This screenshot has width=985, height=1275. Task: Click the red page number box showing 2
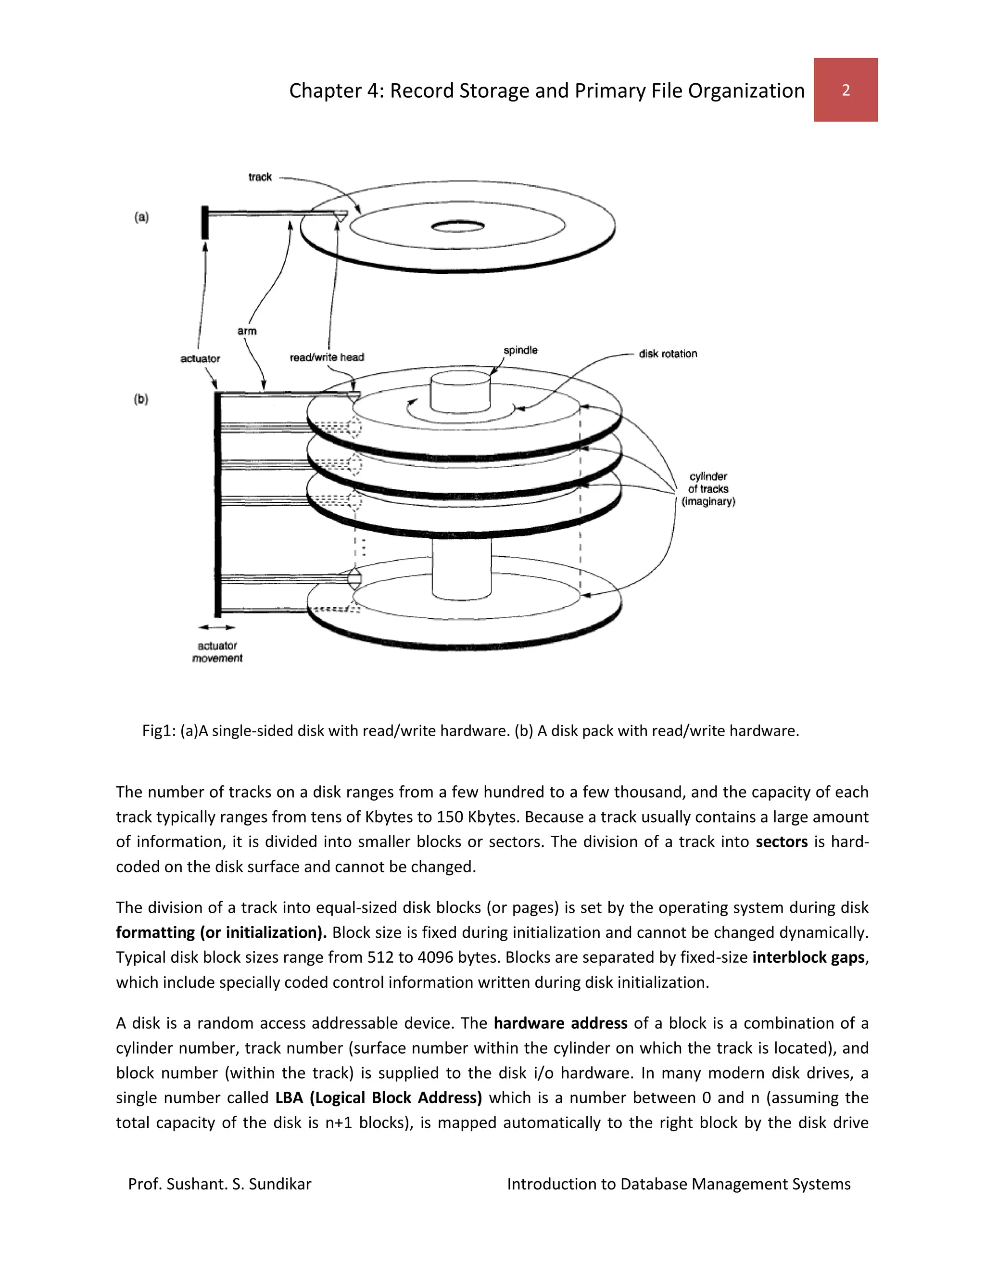845,90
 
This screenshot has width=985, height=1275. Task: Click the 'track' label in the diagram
260,177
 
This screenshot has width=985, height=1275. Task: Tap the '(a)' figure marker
142,217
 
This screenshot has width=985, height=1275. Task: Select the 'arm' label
247,331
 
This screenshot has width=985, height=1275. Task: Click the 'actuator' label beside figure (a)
200,358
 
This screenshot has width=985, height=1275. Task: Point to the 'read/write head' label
327,357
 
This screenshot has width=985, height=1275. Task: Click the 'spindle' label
520,350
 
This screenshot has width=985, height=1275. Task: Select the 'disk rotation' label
668,354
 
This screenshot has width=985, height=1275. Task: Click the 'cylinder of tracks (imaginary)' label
708,489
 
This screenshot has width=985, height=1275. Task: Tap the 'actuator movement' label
217,652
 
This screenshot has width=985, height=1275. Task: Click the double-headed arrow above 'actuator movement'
216,627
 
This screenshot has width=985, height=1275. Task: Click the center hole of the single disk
457,226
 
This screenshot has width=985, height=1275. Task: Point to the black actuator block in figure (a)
205,222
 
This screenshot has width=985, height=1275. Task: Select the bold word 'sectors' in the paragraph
782,842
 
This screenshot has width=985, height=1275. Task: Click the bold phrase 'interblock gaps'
808,957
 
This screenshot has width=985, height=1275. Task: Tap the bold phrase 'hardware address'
560,1023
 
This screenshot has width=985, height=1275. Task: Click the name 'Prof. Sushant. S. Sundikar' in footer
220,1184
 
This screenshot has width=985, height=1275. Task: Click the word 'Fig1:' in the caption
159,731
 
